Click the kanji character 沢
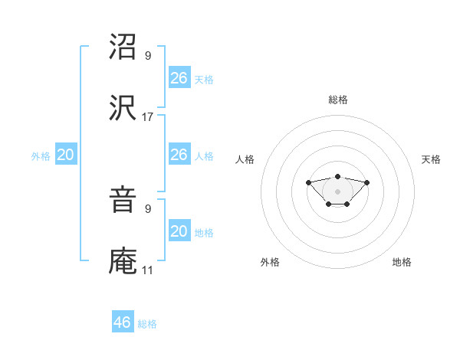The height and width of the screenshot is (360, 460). click(x=123, y=109)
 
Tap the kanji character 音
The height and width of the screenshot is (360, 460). click(x=123, y=201)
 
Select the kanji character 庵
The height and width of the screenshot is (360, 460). click(x=123, y=263)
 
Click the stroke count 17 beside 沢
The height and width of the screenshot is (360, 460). click(x=148, y=117)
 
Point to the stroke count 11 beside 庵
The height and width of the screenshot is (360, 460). click(x=148, y=270)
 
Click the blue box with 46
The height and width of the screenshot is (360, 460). click(x=123, y=322)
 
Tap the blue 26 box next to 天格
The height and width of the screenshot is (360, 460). click(x=179, y=77)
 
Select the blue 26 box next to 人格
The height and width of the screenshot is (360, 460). click(x=179, y=155)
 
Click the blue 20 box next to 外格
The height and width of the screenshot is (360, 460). click(x=66, y=155)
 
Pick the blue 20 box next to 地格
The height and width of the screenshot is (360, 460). click(x=179, y=231)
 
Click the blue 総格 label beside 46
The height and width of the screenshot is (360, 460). click(x=147, y=324)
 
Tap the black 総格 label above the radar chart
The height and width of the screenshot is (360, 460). click(x=337, y=100)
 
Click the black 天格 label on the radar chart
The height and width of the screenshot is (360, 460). click(x=431, y=159)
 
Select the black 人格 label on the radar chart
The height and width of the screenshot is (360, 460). click(x=245, y=159)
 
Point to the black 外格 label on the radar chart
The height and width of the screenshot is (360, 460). click(x=270, y=262)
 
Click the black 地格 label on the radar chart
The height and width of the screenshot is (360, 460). click(x=402, y=262)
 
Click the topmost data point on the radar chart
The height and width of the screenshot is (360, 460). click(x=337, y=176)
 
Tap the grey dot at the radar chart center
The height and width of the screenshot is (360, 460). click(x=337, y=191)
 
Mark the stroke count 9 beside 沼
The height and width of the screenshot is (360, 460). click(x=148, y=56)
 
